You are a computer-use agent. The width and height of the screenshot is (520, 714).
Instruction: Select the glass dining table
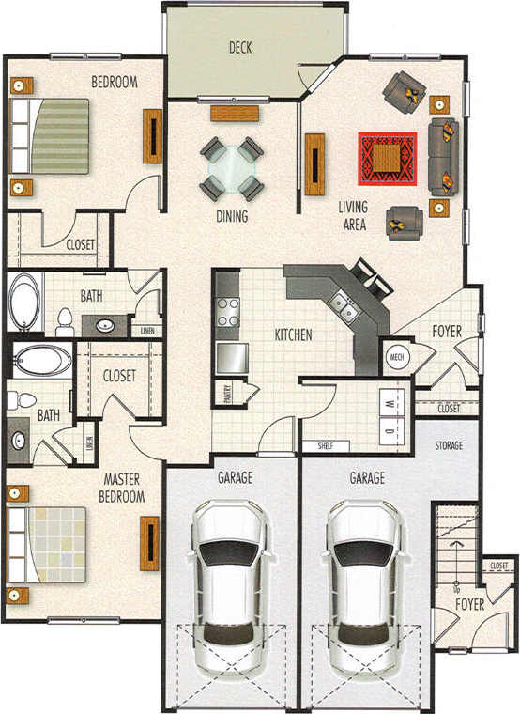[231, 169]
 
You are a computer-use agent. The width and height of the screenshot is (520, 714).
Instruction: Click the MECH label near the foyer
[394, 357]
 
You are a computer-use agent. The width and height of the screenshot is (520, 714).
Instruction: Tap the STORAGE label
[449, 445]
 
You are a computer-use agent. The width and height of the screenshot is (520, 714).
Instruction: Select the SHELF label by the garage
[326, 446]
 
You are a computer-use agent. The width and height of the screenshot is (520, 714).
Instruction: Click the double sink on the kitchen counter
[343, 305]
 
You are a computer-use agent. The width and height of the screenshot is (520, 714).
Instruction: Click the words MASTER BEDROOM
[124, 488]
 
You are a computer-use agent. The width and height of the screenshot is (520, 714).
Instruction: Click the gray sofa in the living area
[444, 156]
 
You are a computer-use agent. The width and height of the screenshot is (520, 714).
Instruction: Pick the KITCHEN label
[293, 335]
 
